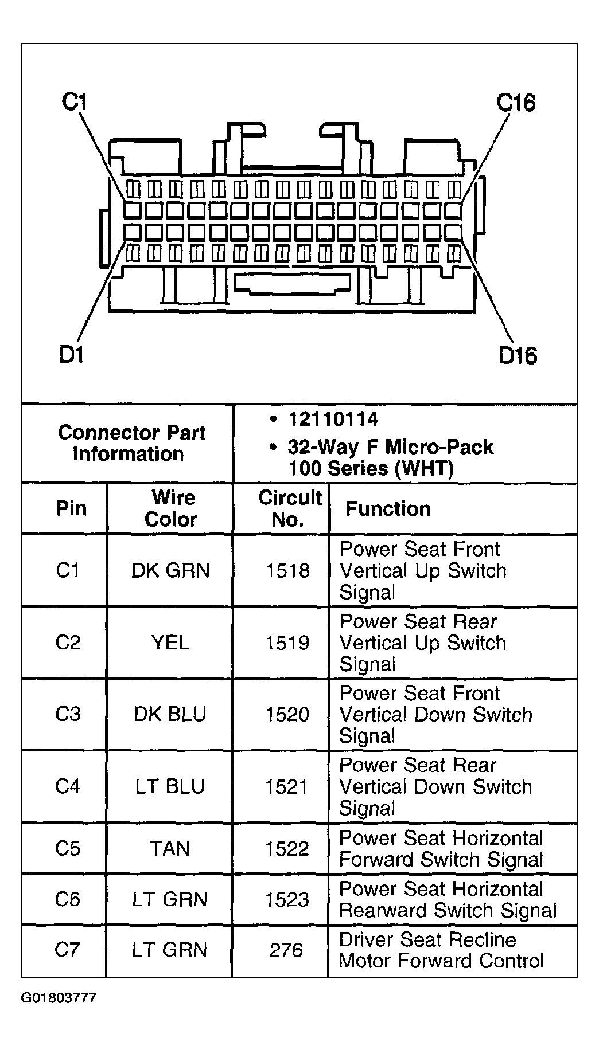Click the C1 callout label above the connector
73,103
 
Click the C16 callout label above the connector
516,103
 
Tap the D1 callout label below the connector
72,355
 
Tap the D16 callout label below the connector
518,356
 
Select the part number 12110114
333,419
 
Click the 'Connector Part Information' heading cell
131,443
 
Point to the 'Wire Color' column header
170,508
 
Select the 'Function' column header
388,509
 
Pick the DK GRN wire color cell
170,571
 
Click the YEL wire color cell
170,643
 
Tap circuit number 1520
287,714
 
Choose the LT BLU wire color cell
170,786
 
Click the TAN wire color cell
170,848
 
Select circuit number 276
286,950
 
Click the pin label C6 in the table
67,899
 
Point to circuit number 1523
287,899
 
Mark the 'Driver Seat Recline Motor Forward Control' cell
441,950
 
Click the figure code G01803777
59,998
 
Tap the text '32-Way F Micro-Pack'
390,447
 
